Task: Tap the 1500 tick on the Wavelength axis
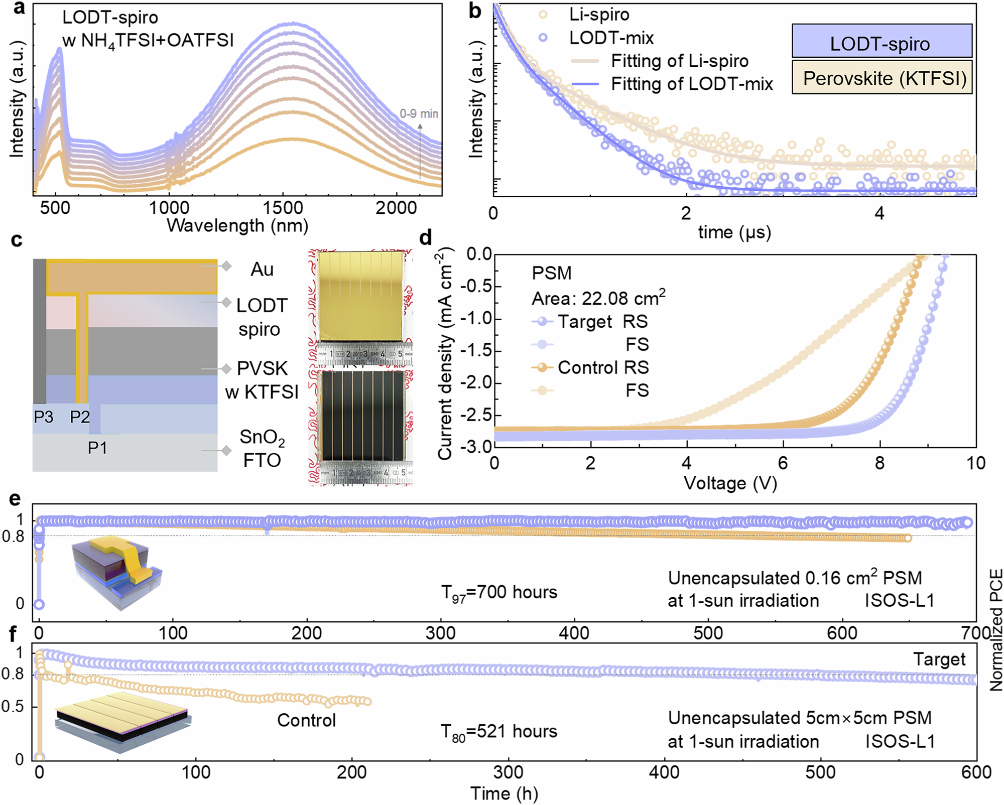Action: (x=283, y=208)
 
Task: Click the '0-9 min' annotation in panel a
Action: (x=419, y=114)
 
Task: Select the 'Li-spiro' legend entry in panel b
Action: (x=598, y=15)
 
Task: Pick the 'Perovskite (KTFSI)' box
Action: (x=882, y=78)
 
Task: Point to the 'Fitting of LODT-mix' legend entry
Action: (x=691, y=84)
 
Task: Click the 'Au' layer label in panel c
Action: (x=262, y=270)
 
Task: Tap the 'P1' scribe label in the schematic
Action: (x=97, y=447)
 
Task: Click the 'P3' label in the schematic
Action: (x=44, y=417)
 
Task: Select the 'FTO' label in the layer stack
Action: (x=262, y=460)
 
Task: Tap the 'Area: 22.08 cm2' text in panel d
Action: (x=598, y=299)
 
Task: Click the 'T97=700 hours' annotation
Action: (x=499, y=593)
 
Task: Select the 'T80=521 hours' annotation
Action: (x=499, y=732)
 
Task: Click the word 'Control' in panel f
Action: (x=306, y=720)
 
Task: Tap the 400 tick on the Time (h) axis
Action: (x=664, y=772)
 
